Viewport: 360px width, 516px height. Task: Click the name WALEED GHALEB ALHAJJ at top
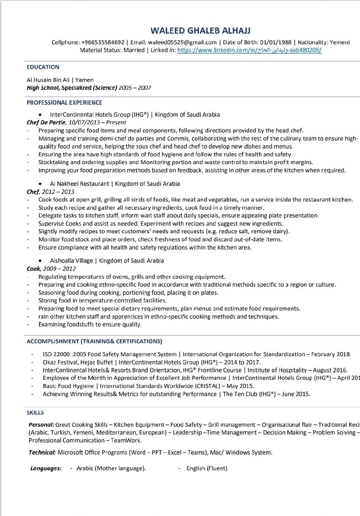click(200, 31)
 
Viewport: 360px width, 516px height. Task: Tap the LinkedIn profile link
click(249, 50)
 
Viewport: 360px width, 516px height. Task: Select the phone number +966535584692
click(103, 43)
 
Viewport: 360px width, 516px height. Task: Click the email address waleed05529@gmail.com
click(182, 43)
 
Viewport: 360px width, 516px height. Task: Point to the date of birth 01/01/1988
click(276, 43)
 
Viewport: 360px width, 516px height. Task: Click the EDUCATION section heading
click(43, 67)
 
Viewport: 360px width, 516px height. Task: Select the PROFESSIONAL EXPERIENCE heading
click(64, 103)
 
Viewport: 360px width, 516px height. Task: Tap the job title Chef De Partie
click(46, 123)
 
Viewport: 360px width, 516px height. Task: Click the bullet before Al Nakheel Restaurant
click(41, 184)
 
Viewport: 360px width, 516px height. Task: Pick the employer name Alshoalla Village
click(71, 261)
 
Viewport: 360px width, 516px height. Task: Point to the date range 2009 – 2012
click(59, 269)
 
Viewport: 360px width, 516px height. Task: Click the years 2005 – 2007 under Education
click(135, 88)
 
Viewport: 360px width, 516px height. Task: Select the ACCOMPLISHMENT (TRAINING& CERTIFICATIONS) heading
click(94, 341)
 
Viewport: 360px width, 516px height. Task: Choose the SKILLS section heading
click(35, 413)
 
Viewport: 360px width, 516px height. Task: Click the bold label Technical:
click(42, 452)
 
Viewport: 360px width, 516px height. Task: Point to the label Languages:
click(46, 468)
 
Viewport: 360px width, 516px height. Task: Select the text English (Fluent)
click(207, 468)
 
